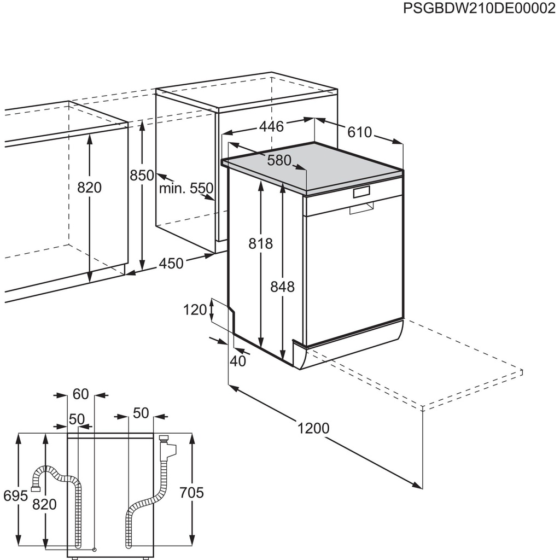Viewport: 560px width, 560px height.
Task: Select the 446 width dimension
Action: click(x=271, y=127)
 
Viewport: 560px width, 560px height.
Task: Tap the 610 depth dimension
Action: click(x=359, y=132)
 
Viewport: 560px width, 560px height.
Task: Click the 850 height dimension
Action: click(x=142, y=176)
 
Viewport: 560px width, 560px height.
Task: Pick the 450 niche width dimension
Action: click(x=171, y=264)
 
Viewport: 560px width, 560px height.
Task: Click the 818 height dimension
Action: click(x=261, y=243)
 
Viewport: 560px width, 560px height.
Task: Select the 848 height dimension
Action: click(x=283, y=286)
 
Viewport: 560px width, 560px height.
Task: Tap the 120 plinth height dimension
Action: click(x=195, y=310)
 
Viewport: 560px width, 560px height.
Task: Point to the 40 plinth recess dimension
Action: click(x=238, y=361)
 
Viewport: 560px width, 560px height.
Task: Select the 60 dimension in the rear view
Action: click(x=80, y=394)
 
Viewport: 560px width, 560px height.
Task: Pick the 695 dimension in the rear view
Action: click(x=15, y=495)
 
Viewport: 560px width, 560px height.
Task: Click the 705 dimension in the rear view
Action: click(x=191, y=493)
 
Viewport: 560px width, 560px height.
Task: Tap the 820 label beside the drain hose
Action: click(x=44, y=504)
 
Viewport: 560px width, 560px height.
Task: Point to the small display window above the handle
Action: click(x=362, y=192)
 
